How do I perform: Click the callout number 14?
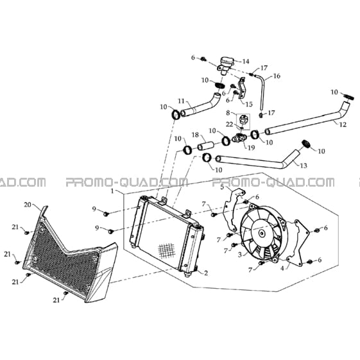[246, 62]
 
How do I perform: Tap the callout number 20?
[28, 204]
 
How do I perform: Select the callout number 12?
[343, 124]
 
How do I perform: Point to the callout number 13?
[304, 166]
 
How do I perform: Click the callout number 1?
[112, 191]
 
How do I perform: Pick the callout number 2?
[206, 273]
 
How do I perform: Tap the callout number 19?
[252, 148]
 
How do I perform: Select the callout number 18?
[195, 135]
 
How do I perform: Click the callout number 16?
[277, 76]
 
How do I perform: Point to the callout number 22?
[230, 124]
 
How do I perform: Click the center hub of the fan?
[261, 234]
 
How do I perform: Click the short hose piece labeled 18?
[206, 146]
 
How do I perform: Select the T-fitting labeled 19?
[239, 138]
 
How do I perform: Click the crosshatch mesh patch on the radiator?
[166, 250]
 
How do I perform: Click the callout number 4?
[282, 268]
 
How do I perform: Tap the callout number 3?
[240, 255]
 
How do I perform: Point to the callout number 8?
[228, 112]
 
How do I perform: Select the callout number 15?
[249, 104]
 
